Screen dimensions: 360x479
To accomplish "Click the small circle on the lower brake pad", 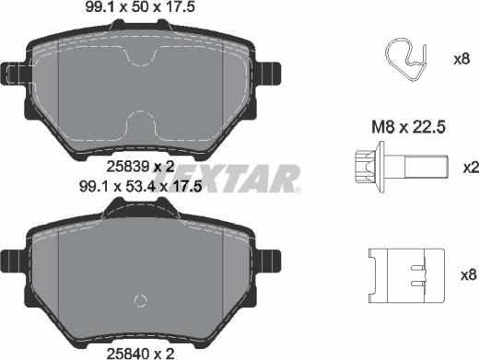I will [x=141, y=300].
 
